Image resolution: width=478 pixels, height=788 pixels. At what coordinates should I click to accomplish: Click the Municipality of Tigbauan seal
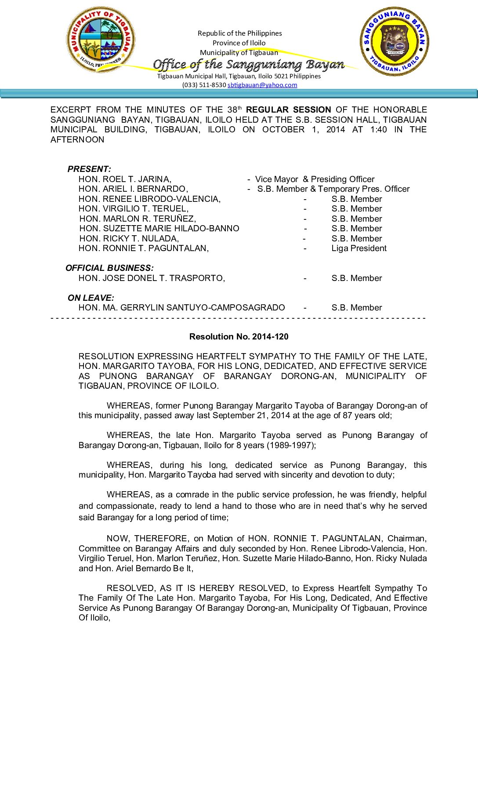[101, 40]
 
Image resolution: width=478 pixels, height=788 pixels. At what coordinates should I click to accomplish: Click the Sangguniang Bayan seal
[394, 41]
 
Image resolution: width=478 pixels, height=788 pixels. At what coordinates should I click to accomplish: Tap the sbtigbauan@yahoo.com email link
[262, 85]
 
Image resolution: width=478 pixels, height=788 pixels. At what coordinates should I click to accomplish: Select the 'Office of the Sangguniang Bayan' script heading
[248, 65]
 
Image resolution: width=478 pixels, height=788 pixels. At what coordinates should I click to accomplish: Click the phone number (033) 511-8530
[204, 85]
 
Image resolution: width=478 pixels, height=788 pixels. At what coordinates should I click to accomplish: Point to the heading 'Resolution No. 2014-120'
[239, 337]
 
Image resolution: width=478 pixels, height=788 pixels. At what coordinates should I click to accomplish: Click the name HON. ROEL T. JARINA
[125, 179]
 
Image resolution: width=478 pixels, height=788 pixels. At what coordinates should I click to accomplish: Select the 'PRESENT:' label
[89, 169]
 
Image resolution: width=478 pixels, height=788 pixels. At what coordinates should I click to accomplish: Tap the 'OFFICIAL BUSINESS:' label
[109, 268]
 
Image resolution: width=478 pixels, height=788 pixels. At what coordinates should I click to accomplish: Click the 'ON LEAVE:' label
[91, 298]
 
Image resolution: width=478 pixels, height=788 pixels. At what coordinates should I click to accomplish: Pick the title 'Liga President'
[359, 248]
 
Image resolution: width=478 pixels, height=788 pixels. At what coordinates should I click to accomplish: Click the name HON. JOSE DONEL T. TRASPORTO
[152, 278]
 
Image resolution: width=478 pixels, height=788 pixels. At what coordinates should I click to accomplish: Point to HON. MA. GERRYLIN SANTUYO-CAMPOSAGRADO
[181, 308]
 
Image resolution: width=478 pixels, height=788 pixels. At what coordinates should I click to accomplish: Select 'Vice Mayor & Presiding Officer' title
[315, 179]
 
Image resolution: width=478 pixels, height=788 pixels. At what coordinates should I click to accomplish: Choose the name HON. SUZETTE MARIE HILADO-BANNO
[159, 229]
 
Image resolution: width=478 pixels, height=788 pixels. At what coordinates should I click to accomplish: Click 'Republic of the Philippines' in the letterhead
[239, 33]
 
